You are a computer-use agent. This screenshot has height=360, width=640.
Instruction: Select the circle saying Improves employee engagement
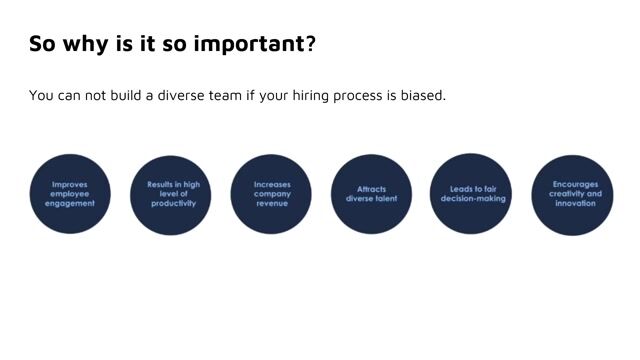coord(70,194)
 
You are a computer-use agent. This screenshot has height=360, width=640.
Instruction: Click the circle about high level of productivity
coord(172,194)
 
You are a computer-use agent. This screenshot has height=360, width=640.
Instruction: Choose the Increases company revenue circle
coord(271,194)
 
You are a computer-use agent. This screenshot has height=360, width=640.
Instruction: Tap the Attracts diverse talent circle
coord(371,194)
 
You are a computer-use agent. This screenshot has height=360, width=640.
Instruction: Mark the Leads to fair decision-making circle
coord(472,194)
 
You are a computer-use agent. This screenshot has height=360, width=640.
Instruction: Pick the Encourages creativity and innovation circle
coord(573,194)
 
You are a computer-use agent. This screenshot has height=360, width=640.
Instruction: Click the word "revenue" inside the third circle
coord(271,203)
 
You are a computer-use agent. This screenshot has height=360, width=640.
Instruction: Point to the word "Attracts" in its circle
coord(371,188)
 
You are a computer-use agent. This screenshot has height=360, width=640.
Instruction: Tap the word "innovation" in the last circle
coord(575,203)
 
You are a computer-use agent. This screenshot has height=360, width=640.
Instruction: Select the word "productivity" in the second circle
coord(173,203)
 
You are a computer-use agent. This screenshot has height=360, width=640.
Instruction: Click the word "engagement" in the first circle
coord(70,203)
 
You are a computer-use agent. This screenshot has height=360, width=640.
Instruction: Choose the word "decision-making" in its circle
coord(473,198)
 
